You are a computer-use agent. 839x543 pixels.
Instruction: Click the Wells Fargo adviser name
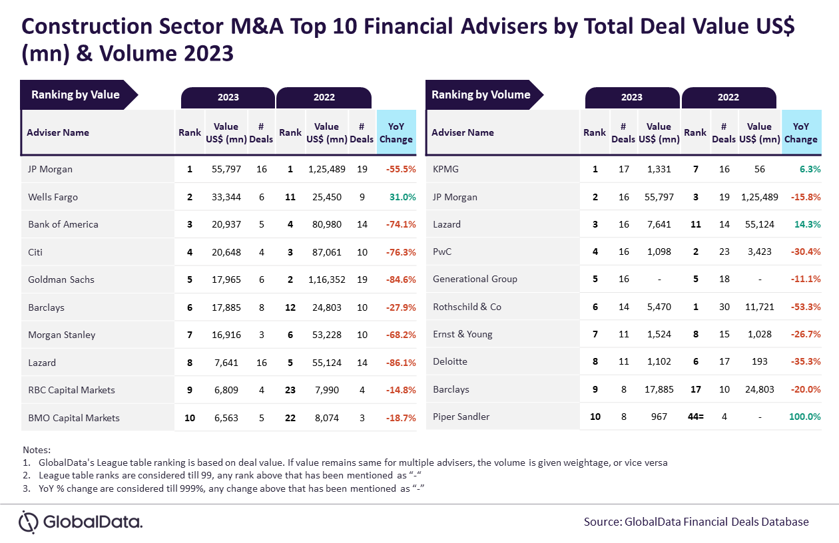click(x=53, y=197)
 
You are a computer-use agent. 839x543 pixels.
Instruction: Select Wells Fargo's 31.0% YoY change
click(x=403, y=197)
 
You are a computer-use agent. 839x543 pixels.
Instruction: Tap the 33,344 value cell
click(x=226, y=197)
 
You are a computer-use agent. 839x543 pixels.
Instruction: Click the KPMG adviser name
click(x=445, y=169)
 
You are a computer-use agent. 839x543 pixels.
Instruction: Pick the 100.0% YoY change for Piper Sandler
click(x=805, y=417)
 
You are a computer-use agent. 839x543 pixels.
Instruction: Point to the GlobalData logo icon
click(x=29, y=522)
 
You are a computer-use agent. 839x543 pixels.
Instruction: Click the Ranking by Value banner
click(x=79, y=94)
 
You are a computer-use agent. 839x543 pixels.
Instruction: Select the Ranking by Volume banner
click(x=484, y=94)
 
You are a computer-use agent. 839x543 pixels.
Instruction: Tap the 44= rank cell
click(x=696, y=417)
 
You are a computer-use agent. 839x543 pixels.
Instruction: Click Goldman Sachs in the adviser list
click(x=61, y=279)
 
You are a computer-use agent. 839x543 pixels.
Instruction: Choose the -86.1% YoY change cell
click(x=401, y=363)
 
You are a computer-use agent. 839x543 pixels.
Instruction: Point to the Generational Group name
click(x=475, y=279)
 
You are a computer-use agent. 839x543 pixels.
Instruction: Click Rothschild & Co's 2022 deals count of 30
click(x=724, y=307)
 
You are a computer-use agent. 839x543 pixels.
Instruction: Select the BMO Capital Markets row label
click(x=74, y=418)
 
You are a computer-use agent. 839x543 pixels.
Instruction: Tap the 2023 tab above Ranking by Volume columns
click(x=633, y=98)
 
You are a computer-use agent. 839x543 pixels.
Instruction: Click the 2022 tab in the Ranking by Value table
click(x=324, y=98)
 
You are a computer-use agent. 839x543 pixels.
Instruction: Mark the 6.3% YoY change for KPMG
click(x=810, y=169)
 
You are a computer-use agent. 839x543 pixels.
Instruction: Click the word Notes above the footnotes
click(x=37, y=449)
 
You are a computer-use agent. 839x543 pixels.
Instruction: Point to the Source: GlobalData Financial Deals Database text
click(x=697, y=522)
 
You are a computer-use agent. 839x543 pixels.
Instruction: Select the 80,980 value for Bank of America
click(x=327, y=224)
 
